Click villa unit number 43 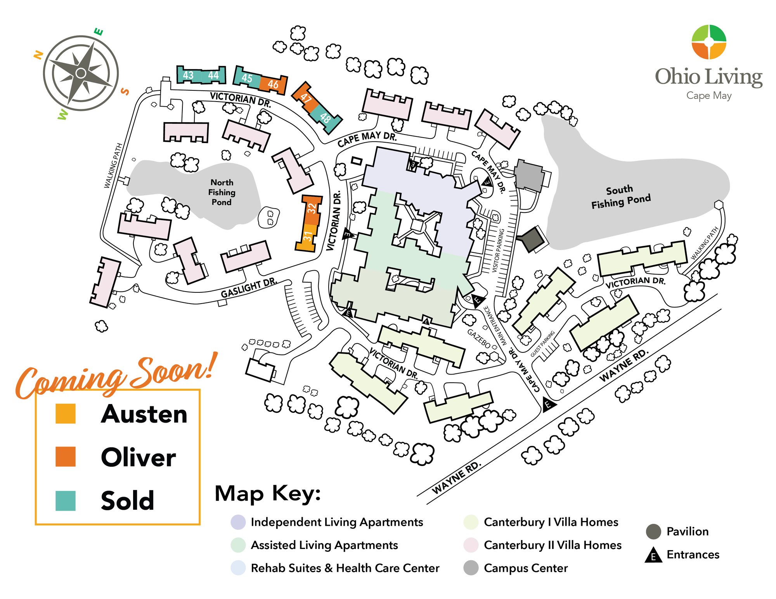pos(188,75)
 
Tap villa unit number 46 pos(273,84)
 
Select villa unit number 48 pos(325,117)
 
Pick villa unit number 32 pos(312,209)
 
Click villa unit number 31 pos(308,236)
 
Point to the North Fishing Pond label pos(222,192)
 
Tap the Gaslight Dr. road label pos(249,288)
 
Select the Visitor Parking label pos(498,250)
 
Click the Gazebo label pos(478,338)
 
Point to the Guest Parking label pos(542,344)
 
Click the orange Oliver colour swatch pos(66,456)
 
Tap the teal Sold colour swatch pos(66,501)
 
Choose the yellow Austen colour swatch pos(66,413)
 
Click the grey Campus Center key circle pos(471,568)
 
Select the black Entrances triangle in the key pos(653,555)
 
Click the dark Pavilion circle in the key pos(653,532)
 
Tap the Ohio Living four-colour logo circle pos(709,42)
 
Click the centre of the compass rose pos(81,73)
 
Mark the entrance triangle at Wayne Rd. pos(547,404)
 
